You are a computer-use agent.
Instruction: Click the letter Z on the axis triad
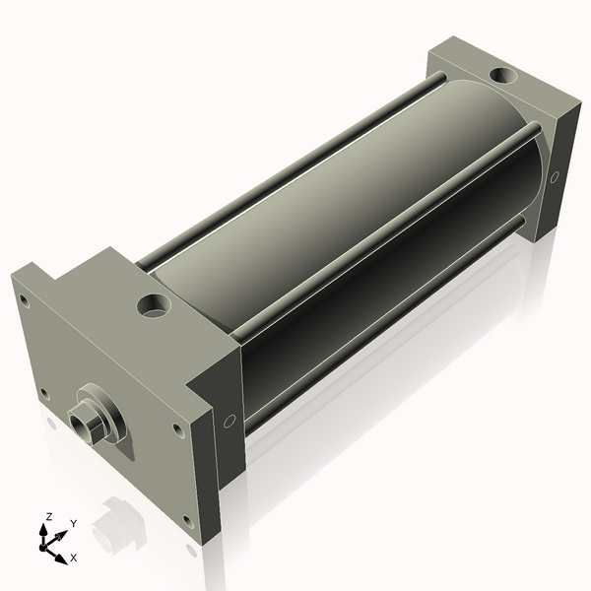point(49,517)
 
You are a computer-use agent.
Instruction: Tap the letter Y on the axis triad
point(74,524)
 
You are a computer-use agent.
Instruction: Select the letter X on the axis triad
point(74,558)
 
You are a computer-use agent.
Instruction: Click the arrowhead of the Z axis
point(43,531)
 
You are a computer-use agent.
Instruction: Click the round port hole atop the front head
point(154,305)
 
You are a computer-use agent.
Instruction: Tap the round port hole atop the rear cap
point(503,75)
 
